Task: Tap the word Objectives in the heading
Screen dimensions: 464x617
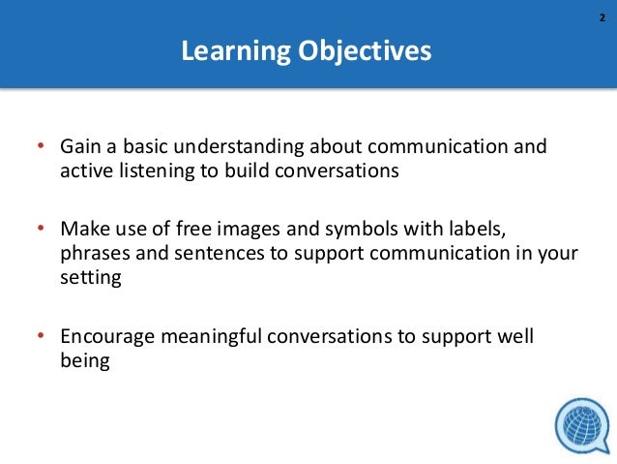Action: point(365,50)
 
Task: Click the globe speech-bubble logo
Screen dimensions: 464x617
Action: point(581,425)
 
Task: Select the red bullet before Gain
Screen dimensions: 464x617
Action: point(41,148)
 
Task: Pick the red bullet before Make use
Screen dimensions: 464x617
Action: point(41,230)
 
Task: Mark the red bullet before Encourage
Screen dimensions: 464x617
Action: point(41,336)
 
